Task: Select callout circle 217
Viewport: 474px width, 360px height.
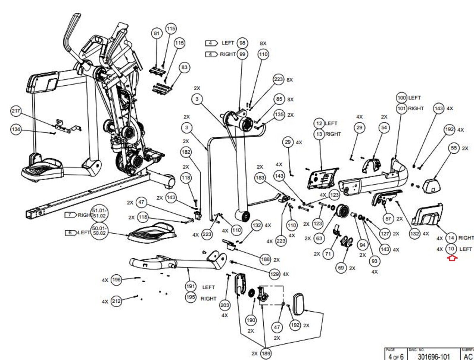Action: pos(16,111)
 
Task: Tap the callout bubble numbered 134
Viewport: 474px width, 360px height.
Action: pos(16,129)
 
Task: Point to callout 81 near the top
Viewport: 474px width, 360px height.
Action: pos(157,33)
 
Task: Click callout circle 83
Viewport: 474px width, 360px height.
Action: pos(184,67)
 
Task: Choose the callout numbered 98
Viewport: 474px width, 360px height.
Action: pos(242,43)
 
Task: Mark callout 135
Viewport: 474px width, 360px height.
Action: pos(279,114)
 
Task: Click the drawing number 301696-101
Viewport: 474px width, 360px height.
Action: pos(433,356)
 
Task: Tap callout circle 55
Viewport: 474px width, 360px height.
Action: pos(454,148)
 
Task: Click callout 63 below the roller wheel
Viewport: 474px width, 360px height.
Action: pos(319,238)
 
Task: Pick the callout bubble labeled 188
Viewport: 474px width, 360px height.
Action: pos(265,259)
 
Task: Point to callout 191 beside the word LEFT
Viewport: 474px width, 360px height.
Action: pos(190,286)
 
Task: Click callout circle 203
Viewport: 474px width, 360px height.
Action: pos(225,305)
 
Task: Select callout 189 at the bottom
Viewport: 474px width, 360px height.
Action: pos(266,353)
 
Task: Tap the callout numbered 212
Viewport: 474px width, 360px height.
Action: pos(116,302)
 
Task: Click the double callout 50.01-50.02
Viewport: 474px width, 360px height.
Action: pos(99,230)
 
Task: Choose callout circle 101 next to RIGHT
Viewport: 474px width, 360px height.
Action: pos(401,109)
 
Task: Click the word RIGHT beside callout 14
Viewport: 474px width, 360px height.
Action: pos(466,238)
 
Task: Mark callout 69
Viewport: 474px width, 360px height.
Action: pos(341,268)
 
